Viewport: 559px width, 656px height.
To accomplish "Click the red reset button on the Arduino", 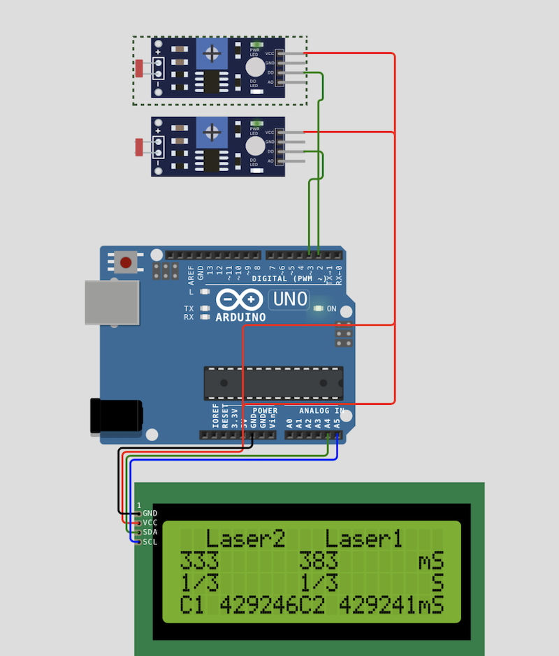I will [x=126, y=263].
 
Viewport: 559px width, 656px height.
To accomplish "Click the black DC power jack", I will [x=115, y=417].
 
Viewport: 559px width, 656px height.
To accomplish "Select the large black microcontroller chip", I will [x=273, y=383].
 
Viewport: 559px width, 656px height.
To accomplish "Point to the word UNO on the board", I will [x=290, y=299].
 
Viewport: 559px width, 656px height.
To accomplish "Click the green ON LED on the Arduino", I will [x=318, y=308].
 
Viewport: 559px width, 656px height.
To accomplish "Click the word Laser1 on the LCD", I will [x=364, y=539].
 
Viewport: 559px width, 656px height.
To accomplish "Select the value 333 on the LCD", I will [x=199, y=560].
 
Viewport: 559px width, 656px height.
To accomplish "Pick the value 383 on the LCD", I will [x=319, y=560].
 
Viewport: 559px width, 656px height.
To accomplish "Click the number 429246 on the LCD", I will [x=259, y=605].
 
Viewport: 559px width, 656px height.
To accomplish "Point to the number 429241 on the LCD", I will [x=378, y=605].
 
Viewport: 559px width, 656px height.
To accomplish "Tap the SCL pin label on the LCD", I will [x=150, y=542].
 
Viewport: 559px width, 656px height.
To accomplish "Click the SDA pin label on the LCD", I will [x=150, y=532].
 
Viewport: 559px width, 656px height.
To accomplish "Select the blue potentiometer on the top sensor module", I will [x=212, y=53].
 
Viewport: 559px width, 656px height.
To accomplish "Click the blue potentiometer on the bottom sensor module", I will [x=212, y=132].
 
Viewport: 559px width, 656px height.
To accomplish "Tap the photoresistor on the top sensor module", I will [x=140, y=68].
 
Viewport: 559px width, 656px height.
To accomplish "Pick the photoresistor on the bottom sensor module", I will [x=140, y=147].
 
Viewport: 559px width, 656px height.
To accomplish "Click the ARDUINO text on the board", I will [x=240, y=318].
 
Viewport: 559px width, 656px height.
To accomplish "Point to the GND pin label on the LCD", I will [x=150, y=513].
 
